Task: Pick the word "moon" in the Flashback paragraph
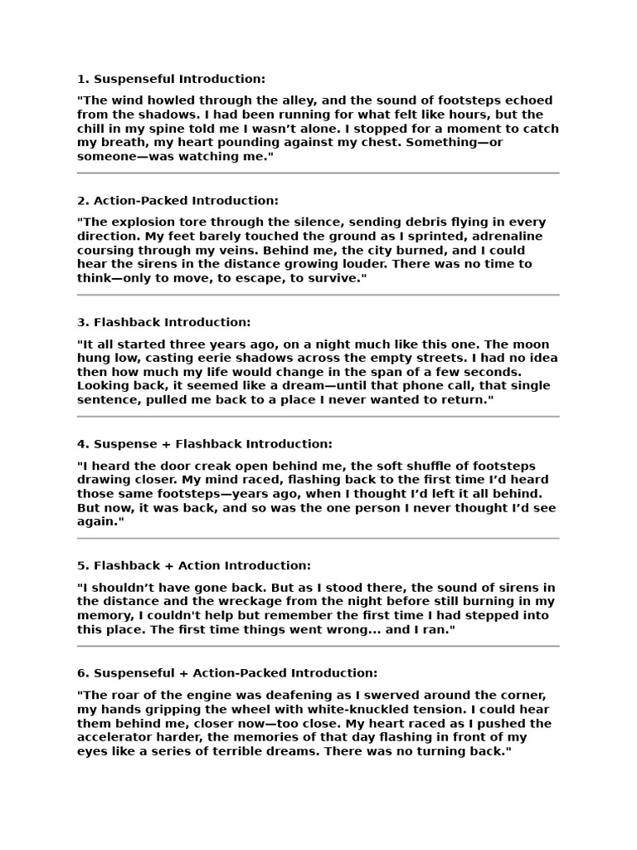coord(538,344)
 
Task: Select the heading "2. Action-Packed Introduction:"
coord(177,200)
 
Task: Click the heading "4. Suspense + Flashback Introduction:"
coord(204,444)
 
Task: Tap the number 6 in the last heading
coord(81,673)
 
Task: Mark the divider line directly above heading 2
coord(318,173)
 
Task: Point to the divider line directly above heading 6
coord(318,646)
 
